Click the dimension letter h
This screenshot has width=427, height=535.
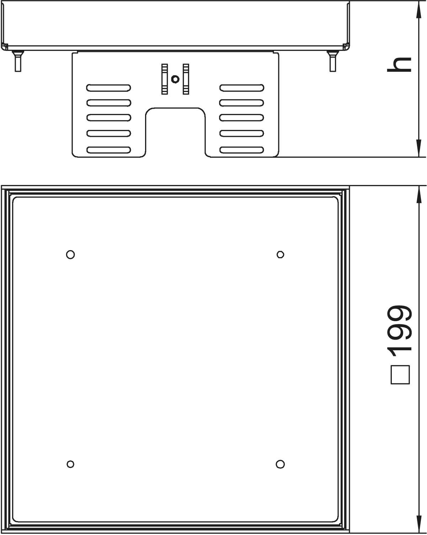pos(399,65)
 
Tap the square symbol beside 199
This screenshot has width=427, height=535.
pos(400,375)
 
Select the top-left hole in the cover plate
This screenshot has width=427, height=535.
pos(70,255)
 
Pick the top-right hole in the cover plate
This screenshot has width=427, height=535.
pos(281,255)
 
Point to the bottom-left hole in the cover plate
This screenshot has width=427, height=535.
pos(70,464)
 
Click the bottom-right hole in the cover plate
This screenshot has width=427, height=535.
pos(280,464)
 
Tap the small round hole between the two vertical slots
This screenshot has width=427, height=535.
pos(175,79)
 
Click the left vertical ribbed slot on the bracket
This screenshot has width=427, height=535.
pos(165,79)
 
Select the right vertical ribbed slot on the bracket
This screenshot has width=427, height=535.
pos(186,79)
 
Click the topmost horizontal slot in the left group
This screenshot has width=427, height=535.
pos(108,88)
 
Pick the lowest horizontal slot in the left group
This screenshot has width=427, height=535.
pos(109,150)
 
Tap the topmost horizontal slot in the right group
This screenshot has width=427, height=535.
pos(242,88)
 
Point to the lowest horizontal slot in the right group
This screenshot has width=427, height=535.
pos(242,150)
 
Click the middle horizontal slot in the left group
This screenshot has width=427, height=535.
pos(109,118)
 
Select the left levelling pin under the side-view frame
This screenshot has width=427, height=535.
pos(18,61)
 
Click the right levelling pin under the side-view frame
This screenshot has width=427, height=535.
pos(333,61)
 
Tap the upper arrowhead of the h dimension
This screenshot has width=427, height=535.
pos(419,10)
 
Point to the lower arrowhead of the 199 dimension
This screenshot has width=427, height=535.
pos(419,524)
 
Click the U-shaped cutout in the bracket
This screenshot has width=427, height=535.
pos(175,108)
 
